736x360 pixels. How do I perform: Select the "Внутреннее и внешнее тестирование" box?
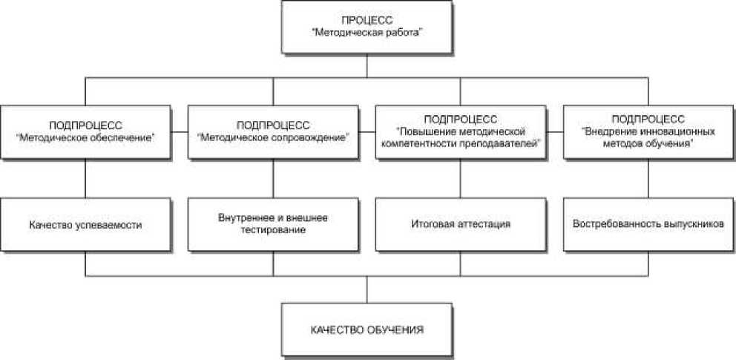coord(272,223)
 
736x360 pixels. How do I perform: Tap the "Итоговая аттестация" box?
coord(460,223)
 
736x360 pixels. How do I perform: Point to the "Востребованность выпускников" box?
coord(648,223)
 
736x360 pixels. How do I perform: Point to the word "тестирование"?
coord(273,230)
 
